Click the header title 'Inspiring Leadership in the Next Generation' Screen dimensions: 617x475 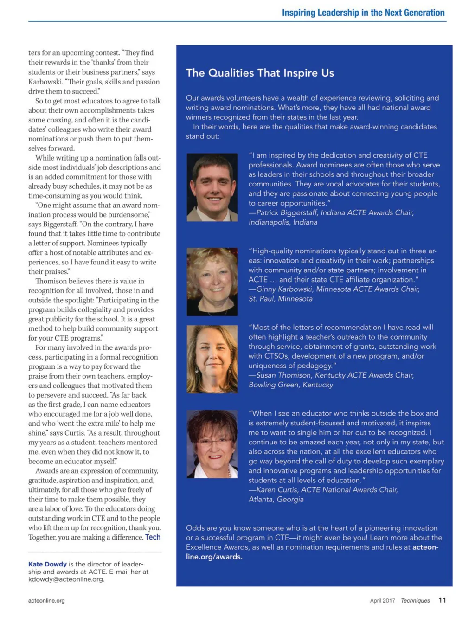tap(363, 13)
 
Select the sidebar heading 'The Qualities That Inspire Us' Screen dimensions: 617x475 tap(260, 73)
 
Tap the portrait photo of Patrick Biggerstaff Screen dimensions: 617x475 tap(212, 187)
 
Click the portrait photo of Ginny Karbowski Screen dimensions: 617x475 tap(212, 282)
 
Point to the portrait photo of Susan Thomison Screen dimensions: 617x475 tap(212, 359)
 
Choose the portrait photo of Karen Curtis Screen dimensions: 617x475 tap(212, 444)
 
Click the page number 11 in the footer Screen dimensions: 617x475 tap(442, 600)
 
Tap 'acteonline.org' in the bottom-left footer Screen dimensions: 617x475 tap(46, 600)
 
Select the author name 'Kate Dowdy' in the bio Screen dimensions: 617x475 tap(47, 564)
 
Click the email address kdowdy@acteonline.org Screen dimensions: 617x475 tap(66, 579)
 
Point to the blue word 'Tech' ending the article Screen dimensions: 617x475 tap(153, 537)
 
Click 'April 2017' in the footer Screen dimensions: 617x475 tap(382, 600)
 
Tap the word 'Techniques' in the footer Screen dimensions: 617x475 tap(415, 600)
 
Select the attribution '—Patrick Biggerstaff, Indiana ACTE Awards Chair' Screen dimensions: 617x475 tap(331, 212)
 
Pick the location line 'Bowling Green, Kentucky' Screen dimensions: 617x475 tap(290, 385)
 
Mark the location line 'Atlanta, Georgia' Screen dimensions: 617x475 tap(276, 499)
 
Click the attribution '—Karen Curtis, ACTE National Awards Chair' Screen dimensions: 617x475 tap(323, 489)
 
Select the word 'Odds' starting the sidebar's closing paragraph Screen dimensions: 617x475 tap(194, 528)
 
